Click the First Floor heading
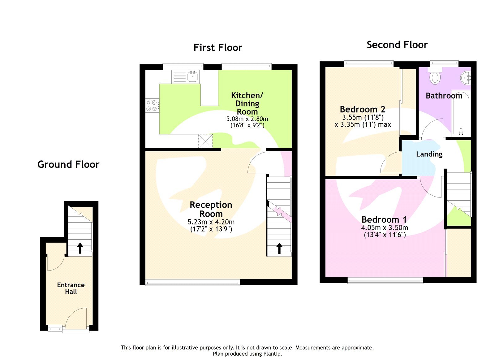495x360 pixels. [218, 48]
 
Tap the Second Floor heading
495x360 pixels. [397, 45]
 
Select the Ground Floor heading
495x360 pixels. [68, 164]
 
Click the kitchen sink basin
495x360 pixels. [193, 76]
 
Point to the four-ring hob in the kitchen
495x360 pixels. [152, 105]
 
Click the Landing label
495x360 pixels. [429, 154]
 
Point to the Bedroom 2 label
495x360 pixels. [362, 109]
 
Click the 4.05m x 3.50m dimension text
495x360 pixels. [384, 228]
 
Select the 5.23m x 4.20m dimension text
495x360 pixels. [211, 222]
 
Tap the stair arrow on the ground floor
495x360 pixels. [80, 248]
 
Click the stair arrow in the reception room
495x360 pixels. [279, 248]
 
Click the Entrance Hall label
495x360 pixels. [71, 288]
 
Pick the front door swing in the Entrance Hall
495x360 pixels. [76, 319]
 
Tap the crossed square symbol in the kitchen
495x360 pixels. [205, 141]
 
